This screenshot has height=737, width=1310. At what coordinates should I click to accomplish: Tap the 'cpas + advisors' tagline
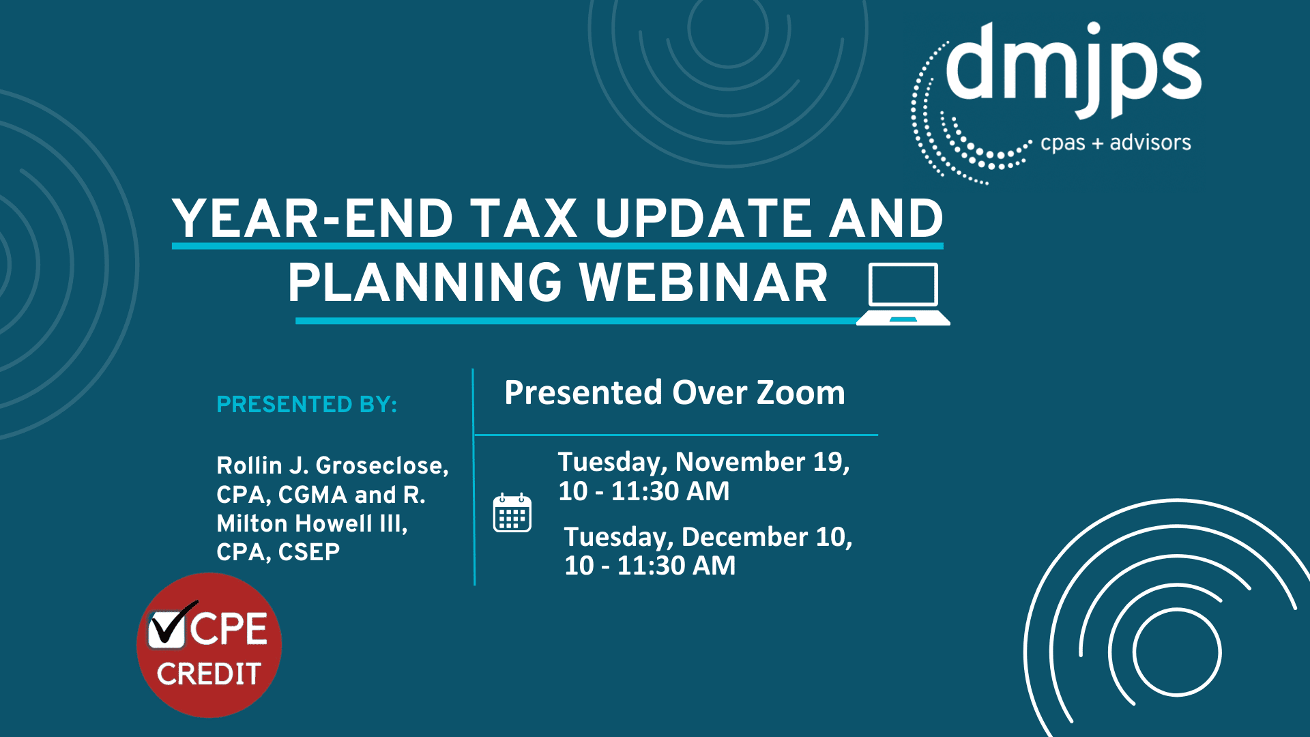1115,143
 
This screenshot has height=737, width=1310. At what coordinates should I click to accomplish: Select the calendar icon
512,512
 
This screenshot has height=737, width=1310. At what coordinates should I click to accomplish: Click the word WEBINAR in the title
703,283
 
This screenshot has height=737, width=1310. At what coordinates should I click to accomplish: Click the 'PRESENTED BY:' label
306,405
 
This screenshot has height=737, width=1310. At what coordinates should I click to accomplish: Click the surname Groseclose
382,465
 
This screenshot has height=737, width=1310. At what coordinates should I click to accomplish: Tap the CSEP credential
308,552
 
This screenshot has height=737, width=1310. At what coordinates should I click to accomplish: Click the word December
744,537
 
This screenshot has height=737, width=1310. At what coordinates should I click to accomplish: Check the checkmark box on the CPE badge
167,627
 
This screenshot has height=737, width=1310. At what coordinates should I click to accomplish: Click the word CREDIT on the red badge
209,674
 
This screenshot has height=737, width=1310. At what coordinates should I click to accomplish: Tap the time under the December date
650,566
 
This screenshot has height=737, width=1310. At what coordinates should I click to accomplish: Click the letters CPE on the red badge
229,628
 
